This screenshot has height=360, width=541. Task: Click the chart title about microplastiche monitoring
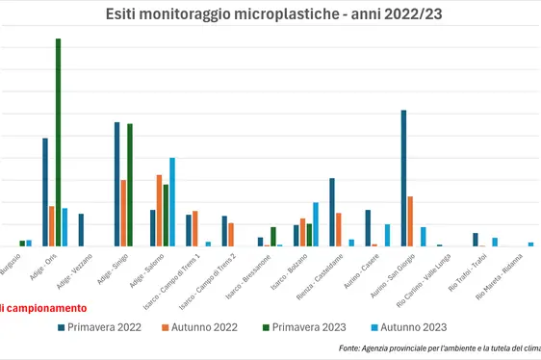(x=270, y=15)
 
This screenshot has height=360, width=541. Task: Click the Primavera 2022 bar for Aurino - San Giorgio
(x=403, y=179)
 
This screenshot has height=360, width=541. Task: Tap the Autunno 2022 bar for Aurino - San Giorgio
(x=410, y=221)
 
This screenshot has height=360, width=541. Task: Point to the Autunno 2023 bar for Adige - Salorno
(x=172, y=202)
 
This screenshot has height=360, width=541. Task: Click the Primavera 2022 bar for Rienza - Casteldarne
(x=332, y=213)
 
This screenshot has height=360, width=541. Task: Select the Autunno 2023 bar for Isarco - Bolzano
(x=316, y=224)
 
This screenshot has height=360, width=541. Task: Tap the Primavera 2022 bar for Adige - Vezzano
(x=81, y=230)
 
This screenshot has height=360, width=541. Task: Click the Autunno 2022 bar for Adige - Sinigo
(x=124, y=213)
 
